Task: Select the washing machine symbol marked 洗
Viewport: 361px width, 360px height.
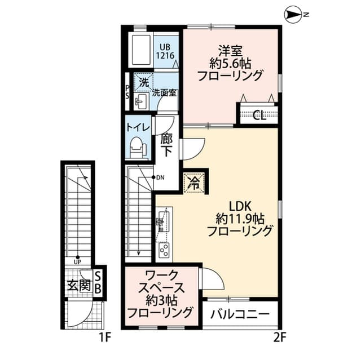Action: pos(144,82)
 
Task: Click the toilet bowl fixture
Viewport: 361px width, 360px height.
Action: pos(138,150)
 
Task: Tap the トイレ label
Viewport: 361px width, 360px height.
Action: pos(138,127)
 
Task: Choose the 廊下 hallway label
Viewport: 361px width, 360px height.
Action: pos(167,145)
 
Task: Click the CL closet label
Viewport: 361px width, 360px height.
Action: pos(259,116)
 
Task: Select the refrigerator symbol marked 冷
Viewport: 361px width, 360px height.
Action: pos(193,183)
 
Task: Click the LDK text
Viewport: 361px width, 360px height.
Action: pos(240,205)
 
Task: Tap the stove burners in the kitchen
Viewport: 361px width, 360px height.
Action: pos(164,249)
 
